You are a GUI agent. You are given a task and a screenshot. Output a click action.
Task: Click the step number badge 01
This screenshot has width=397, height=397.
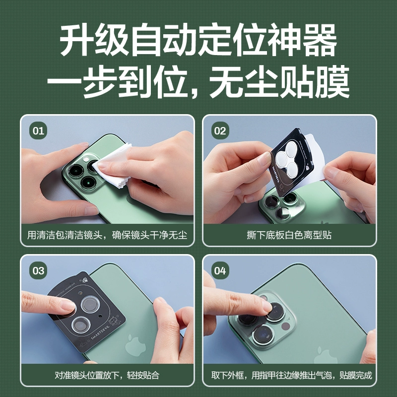pyautogui.click(x=38, y=131)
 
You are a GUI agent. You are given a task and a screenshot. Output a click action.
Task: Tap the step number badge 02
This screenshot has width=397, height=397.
pyautogui.click(x=220, y=131)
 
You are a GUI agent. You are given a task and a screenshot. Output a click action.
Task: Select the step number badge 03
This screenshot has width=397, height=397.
pyautogui.click(x=38, y=270)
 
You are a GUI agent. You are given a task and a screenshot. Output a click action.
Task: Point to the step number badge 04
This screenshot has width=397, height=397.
pyautogui.click(x=220, y=270)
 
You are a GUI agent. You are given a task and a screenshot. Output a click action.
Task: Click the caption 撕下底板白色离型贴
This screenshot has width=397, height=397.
pyautogui.click(x=289, y=235)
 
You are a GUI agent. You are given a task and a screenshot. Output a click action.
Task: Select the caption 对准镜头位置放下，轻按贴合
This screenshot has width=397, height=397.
pyautogui.click(x=107, y=375)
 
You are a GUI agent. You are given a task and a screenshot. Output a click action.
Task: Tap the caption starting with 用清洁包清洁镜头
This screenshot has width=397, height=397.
pyautogui.click(x=107, y=235)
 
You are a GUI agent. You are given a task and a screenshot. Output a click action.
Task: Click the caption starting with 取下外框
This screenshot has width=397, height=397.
pyautogui.click(x=291, y=375)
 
